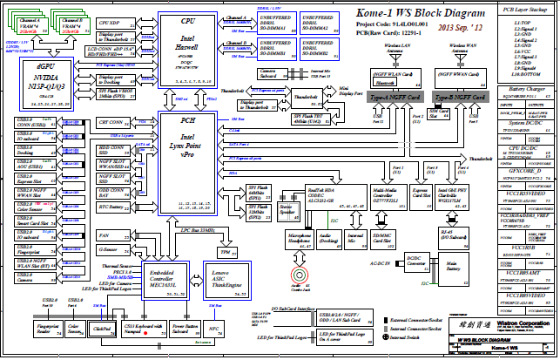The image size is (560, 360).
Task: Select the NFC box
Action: [213, 329]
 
